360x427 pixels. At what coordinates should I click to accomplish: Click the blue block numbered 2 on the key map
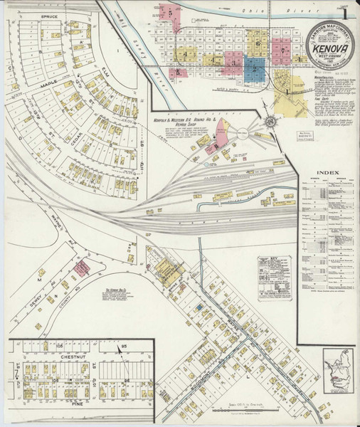pyautogui.click(x=253, y=69)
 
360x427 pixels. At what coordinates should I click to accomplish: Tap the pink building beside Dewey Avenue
pyautogui.click(x=82, y=268)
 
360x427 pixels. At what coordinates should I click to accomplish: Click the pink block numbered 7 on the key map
pyautogui.click(x=285, y=51)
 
